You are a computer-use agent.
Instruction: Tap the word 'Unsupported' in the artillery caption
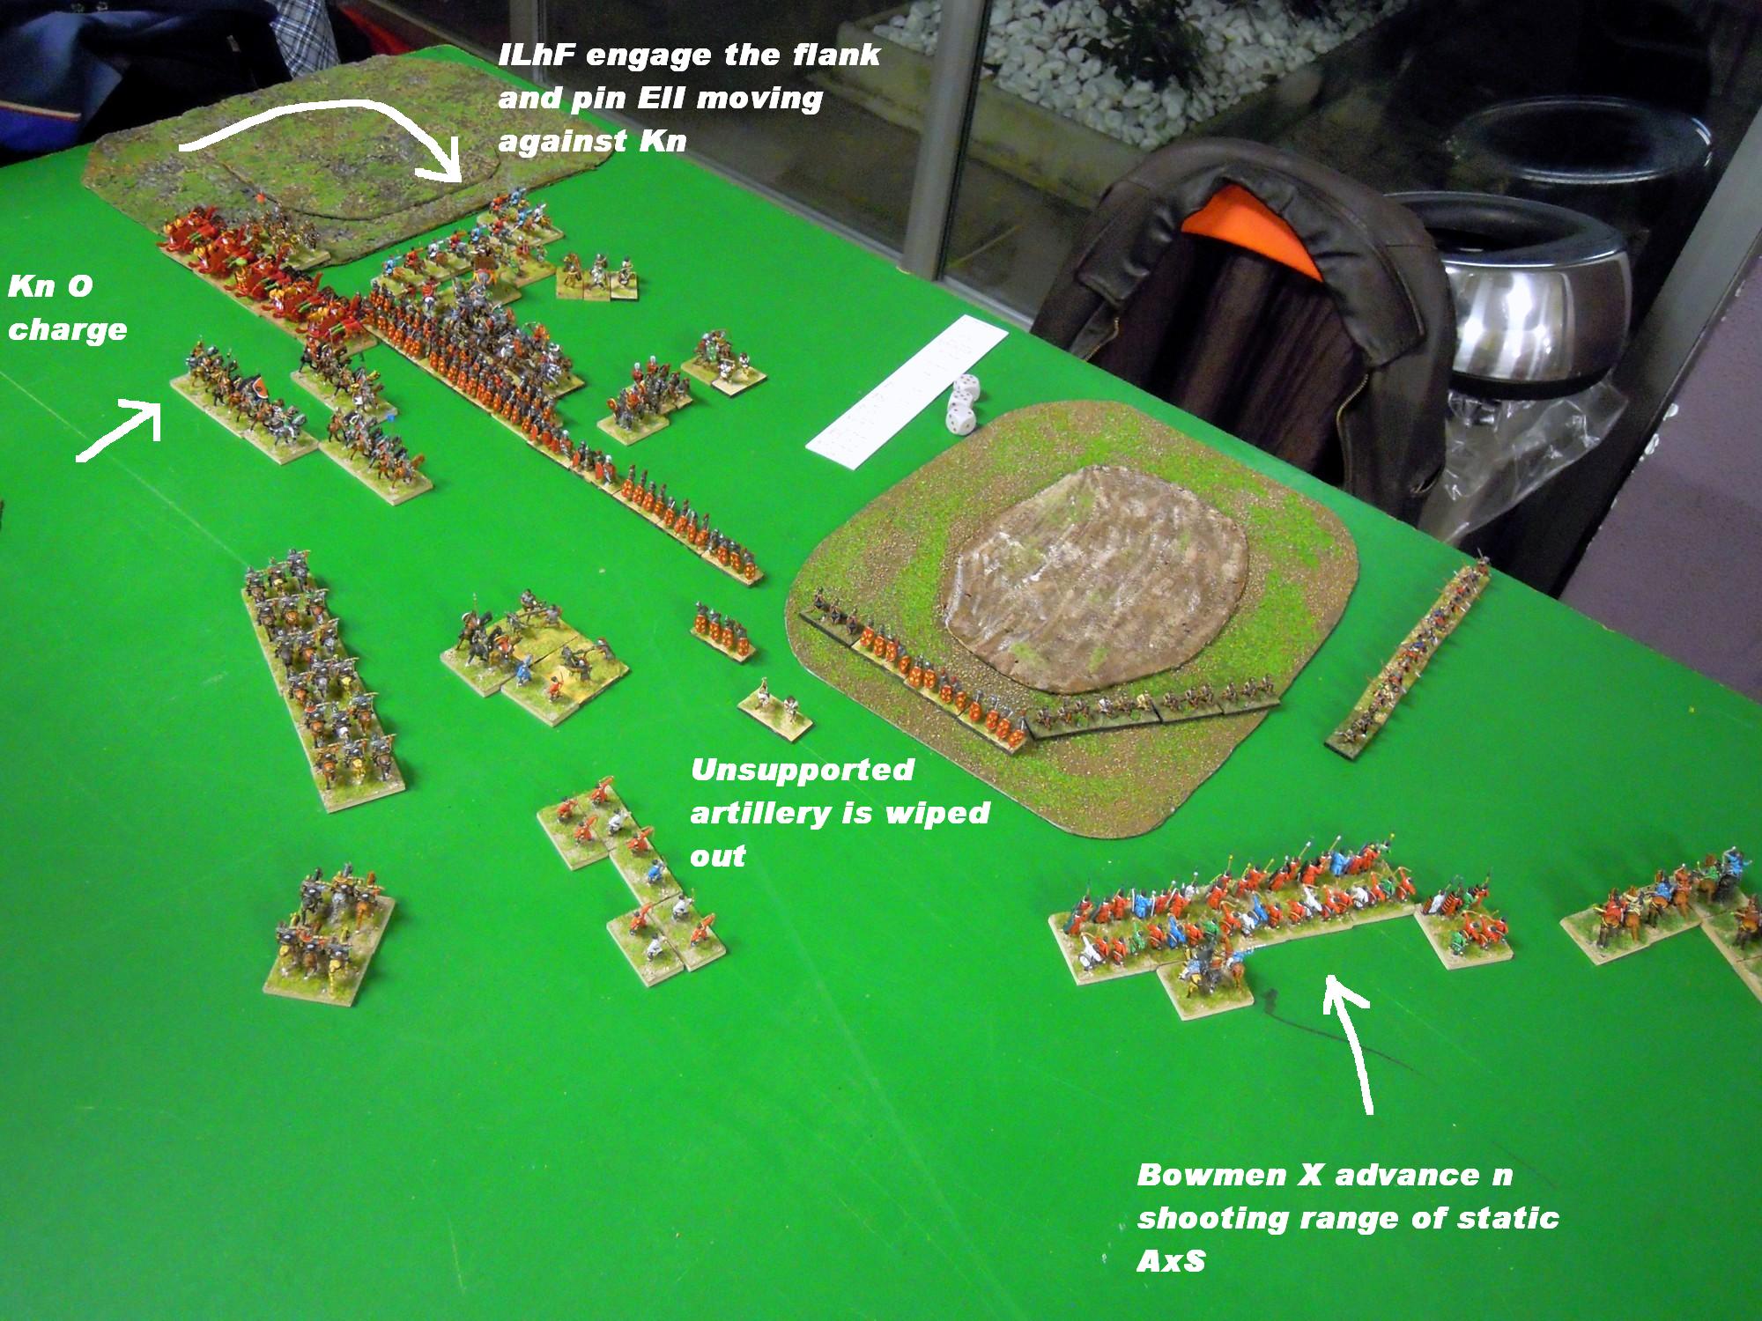[x=802, y=771]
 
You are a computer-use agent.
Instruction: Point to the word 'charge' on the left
[x=67, y=330]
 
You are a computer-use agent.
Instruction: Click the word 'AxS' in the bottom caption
[x=1171, y=1262]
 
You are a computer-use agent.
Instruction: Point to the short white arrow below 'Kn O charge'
[x=121, y=429]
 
